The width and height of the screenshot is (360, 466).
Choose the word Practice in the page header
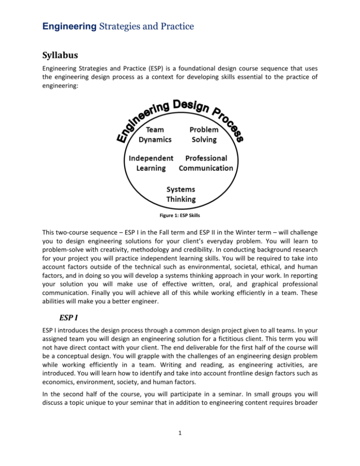pyautogui.click(x=153, y=22)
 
